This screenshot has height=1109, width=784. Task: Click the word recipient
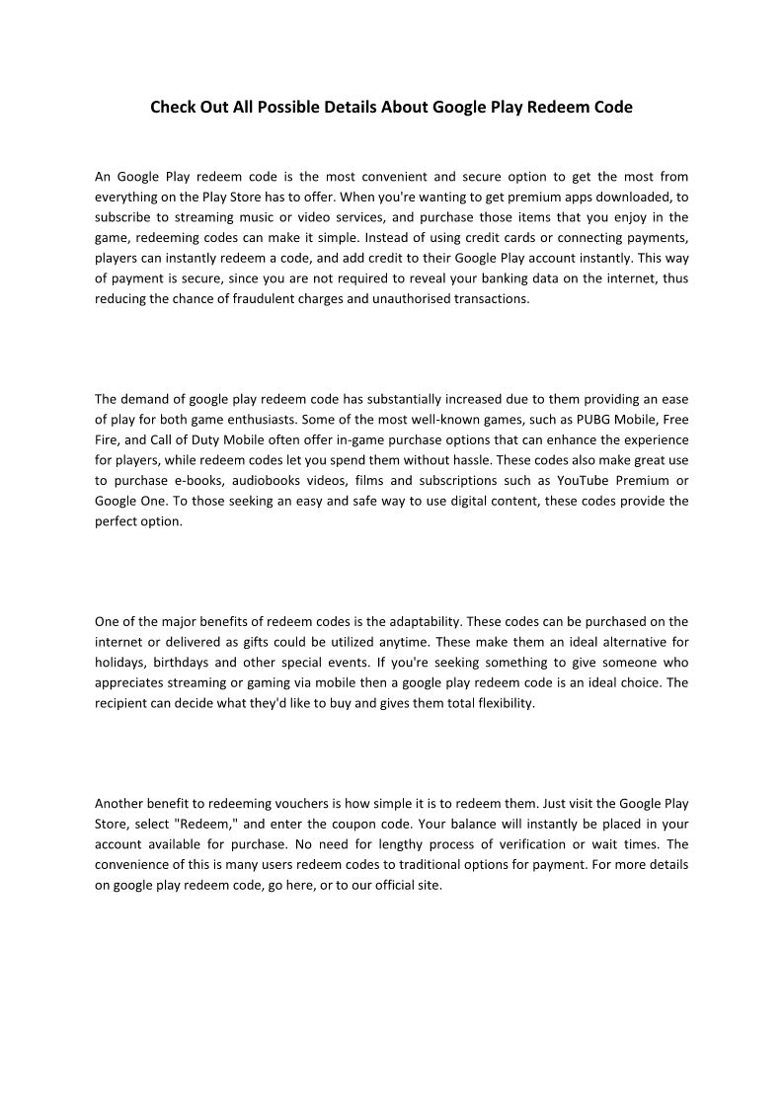[x=122, y=704]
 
